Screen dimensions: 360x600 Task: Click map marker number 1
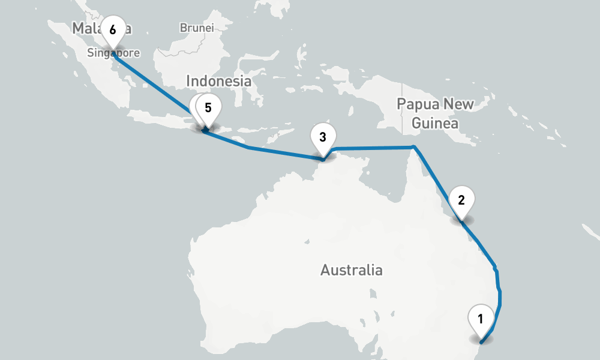point(480,318)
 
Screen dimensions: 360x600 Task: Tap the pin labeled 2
point(461,200)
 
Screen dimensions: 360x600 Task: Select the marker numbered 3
point(323,137)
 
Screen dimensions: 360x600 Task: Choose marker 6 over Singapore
point(113,29)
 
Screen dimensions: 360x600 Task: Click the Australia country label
point(351,270)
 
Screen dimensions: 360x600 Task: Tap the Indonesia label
point(218,81)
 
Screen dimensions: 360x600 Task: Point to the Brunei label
point(196,28)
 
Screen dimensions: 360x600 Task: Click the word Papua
point(419,104)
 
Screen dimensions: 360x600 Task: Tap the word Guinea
point(435,124)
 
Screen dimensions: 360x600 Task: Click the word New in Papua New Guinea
point(460,104)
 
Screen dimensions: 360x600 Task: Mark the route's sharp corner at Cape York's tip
point(413,147)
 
